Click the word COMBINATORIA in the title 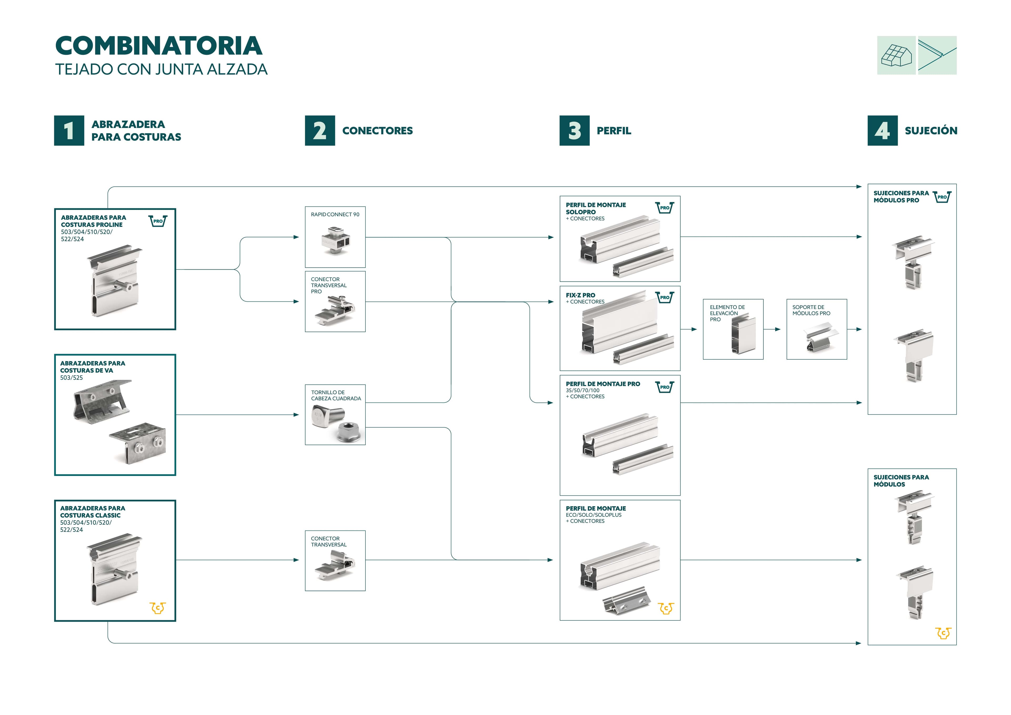coord(158,46)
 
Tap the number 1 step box coord(69,130)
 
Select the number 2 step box coord(320,130)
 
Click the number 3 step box coord(574,130)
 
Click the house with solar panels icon coord(896,56)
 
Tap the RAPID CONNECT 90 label coord(335,215)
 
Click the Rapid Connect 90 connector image coord(335,240)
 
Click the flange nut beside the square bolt coord(349,432)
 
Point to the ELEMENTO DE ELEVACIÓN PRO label coord(727,313)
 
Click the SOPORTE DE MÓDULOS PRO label coord(811,310)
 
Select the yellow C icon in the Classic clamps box coord(158,608)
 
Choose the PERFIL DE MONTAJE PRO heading coord(603,384)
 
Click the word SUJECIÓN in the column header coord(931,130)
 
